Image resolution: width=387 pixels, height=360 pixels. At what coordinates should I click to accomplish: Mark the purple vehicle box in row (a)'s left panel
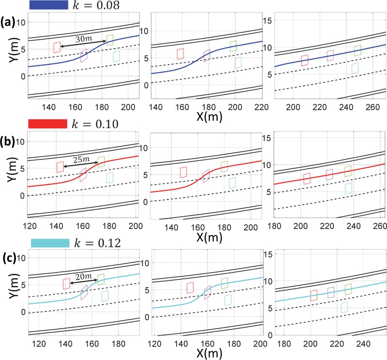point(84,56)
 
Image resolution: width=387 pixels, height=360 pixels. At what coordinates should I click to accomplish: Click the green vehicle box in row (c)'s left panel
point(101,279)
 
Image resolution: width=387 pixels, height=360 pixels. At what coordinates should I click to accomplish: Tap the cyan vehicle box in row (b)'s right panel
point(349,188)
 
